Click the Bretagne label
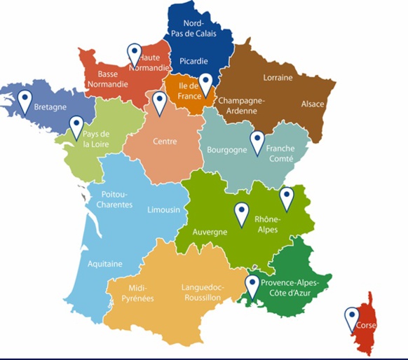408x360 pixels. click(x=50, y=108)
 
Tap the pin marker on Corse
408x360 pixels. click(x=351, y=318)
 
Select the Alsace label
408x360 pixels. click(x=313, y=104)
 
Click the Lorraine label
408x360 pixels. click(x=278, y=78)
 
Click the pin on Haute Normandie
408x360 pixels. click(x=133, y=55)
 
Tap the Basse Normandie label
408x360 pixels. click(x=107, y=78)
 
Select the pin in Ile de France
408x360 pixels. click(x=205, y=84)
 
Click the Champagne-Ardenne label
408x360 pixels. click(x=242, y=104)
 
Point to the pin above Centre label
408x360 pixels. click(x=159, y=102)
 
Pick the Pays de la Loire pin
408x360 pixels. click(x=76, y=126)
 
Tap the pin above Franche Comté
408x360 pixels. click(x=257, y=141)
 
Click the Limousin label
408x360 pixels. click(x=164, y=209)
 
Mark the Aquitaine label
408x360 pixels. click(x=105, y=264)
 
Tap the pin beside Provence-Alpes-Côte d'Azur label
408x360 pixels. click(x=252, y=285)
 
